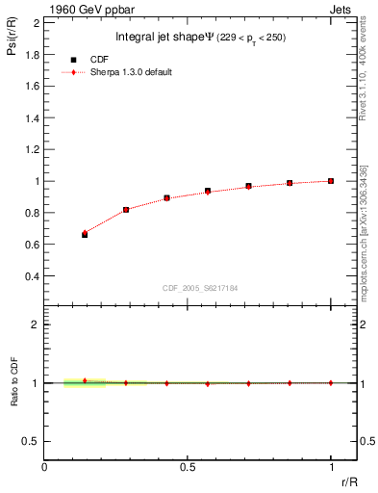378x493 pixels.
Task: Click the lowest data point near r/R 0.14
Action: [x=85, y=234]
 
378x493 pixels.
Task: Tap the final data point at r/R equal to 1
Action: [x=331, y=180]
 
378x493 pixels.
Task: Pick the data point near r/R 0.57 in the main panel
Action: [x=208, y=192]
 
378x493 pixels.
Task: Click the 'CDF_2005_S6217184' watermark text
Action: [x=202, y=288]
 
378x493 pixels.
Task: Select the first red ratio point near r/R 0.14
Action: [x=85, y=380]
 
